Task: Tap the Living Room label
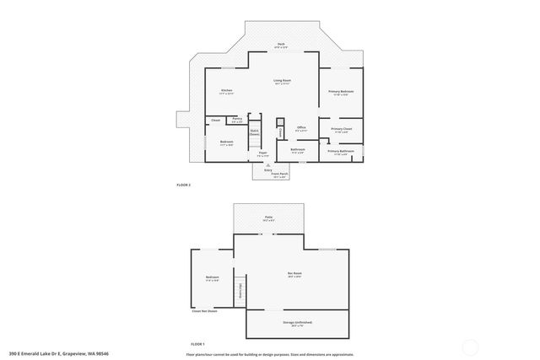click(x=281, y=82)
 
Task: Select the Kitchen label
click(x=226, y=91)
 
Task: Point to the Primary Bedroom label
click(x=341, y=91)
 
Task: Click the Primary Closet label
click(x=341, y=130)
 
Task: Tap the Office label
click(x=301, y=128)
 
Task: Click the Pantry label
click(x=237, y=120)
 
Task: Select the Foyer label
click(x=262, y=153)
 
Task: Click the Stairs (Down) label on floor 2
click(x=254, y=132)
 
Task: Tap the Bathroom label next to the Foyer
click(x=297, y=149)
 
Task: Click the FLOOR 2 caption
click(x=184, y=185)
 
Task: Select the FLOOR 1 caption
click(x=197, y=345)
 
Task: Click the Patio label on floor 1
click(x=268, y=218)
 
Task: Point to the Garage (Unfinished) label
click(x=294, y=323)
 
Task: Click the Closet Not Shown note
click(x=204, y=312)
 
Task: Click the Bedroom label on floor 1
click(x=212, y=277)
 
